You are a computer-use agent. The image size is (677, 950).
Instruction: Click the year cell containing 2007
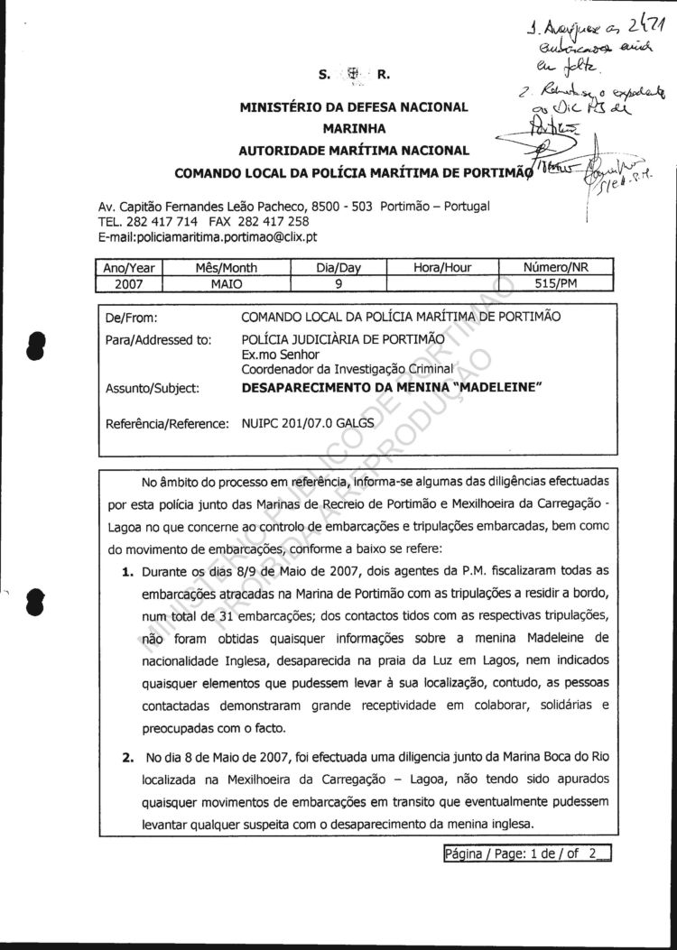[128, 282]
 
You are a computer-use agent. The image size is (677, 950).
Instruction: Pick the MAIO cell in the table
[227, 282]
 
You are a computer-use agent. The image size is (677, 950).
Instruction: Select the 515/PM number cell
[556, 282]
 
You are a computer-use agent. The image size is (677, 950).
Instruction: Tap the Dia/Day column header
[338, 267]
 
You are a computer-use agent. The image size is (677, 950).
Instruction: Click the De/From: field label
[132, 318]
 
